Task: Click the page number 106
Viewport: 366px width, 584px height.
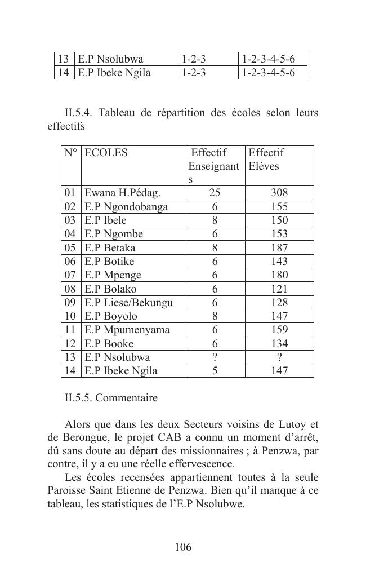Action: point(183,547)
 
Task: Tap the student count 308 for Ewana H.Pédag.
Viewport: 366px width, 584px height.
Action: point(279,193)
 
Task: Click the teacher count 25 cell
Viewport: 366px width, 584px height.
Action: point(215,193)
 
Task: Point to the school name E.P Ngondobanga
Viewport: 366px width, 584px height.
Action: point(126,207)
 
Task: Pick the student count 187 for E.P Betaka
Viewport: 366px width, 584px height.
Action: point(279,248)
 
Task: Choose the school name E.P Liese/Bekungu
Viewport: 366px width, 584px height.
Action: point(128,303)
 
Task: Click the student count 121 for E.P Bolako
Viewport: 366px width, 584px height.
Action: point(279,289)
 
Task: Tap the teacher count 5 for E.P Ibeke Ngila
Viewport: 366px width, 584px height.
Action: point(215,371)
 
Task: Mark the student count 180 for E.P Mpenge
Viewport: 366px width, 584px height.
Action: point(279,275)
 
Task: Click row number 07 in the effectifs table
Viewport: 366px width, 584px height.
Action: point(71,275)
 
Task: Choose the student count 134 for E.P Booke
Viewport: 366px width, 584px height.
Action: point(279,344)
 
